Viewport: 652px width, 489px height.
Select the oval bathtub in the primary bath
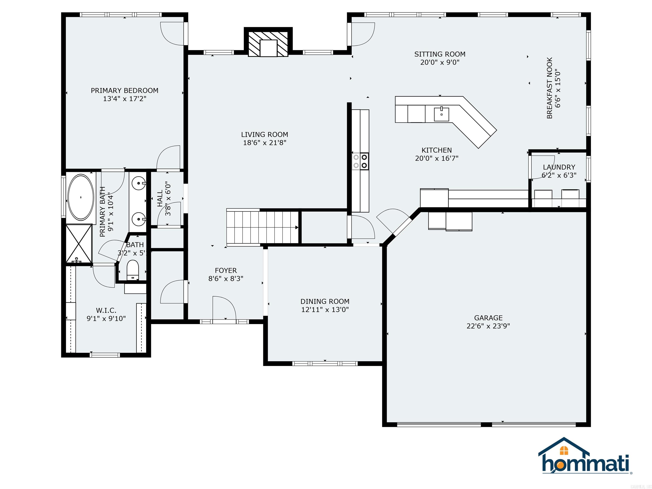(x=81, y=197)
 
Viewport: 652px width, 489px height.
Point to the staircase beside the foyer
(x=262, y=227)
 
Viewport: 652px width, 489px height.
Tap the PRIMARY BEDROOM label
(x=124, y=90)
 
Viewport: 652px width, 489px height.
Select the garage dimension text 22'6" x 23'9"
(x=488, y=326)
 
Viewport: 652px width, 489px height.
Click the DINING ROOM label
(x=325, y=301)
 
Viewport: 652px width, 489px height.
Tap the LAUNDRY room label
(x=559, y=167)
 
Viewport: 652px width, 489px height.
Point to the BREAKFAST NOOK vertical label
(x=549, y=88)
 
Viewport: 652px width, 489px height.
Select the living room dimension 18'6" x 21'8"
(x=264, y=143)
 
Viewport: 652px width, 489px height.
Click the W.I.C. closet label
(x=106, y=310)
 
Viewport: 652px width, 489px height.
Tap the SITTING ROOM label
(x=440, y=54)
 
